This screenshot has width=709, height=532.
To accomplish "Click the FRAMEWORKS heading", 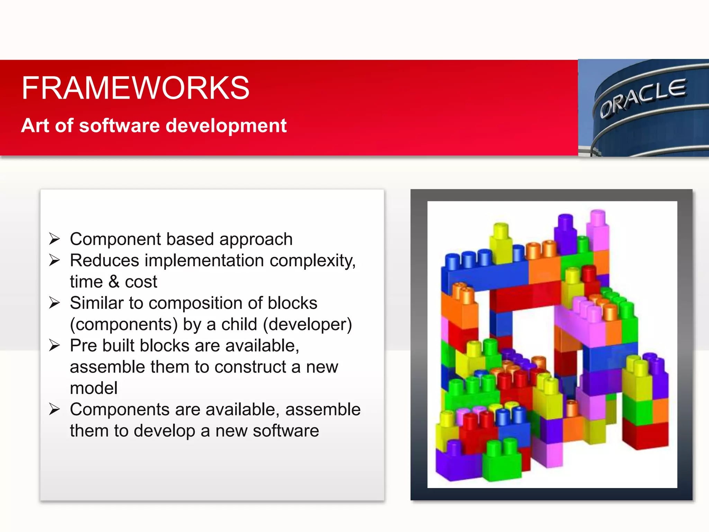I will [x=135, y=88].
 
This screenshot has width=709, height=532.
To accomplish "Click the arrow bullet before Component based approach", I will [x=54, y=239].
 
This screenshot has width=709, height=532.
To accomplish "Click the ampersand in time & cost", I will [x=114, y=282].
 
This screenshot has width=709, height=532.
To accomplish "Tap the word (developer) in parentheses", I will [x=307, y=325].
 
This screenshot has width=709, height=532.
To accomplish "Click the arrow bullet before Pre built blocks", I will [x=54, y=345].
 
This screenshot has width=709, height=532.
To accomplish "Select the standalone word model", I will [x=93, y=388].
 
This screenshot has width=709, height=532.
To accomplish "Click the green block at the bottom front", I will [x=502, y=462].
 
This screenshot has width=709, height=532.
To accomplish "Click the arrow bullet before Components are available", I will [x=54, y=409].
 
